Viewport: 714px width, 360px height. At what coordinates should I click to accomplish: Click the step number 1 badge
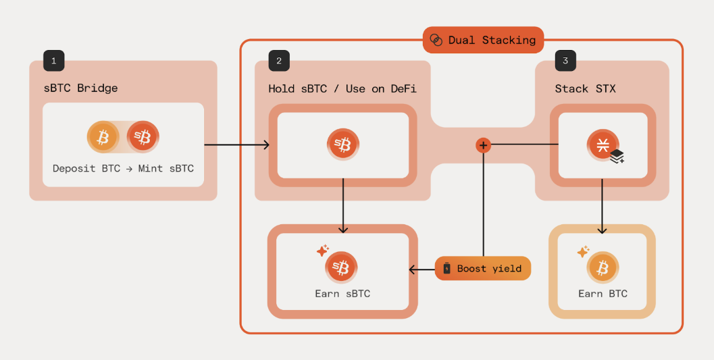coord(53,61)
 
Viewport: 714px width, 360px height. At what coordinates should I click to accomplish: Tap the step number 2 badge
coord(279,61)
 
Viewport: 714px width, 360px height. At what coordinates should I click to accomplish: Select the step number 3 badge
coord(565,61)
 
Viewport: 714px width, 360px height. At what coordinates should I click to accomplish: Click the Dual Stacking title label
coord(491,40)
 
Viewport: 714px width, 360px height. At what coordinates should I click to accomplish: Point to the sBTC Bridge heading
coord(80,88)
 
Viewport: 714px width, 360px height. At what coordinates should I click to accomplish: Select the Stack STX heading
coord(585,88)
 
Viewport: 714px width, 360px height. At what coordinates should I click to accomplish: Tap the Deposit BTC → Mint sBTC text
coord(123,168)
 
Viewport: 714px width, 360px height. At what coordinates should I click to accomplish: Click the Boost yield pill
coord(482,269)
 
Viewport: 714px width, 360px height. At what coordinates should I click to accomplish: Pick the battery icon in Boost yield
coord(447,269)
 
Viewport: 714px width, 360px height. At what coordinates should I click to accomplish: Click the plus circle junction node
coord(483,145)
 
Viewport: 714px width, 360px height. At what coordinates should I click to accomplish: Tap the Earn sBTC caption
coord(342,294)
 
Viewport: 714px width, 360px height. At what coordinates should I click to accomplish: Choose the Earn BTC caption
coord(603,294)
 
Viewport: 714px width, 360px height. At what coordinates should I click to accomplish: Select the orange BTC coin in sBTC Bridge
coord(103,138)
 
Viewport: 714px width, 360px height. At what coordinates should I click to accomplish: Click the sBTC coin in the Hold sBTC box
coord(343,145)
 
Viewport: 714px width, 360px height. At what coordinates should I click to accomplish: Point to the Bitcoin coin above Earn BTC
coord(603,268)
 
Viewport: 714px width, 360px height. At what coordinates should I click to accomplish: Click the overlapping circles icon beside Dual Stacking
coord(436,40)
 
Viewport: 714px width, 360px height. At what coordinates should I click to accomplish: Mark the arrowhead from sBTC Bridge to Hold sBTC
coord(266,145)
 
